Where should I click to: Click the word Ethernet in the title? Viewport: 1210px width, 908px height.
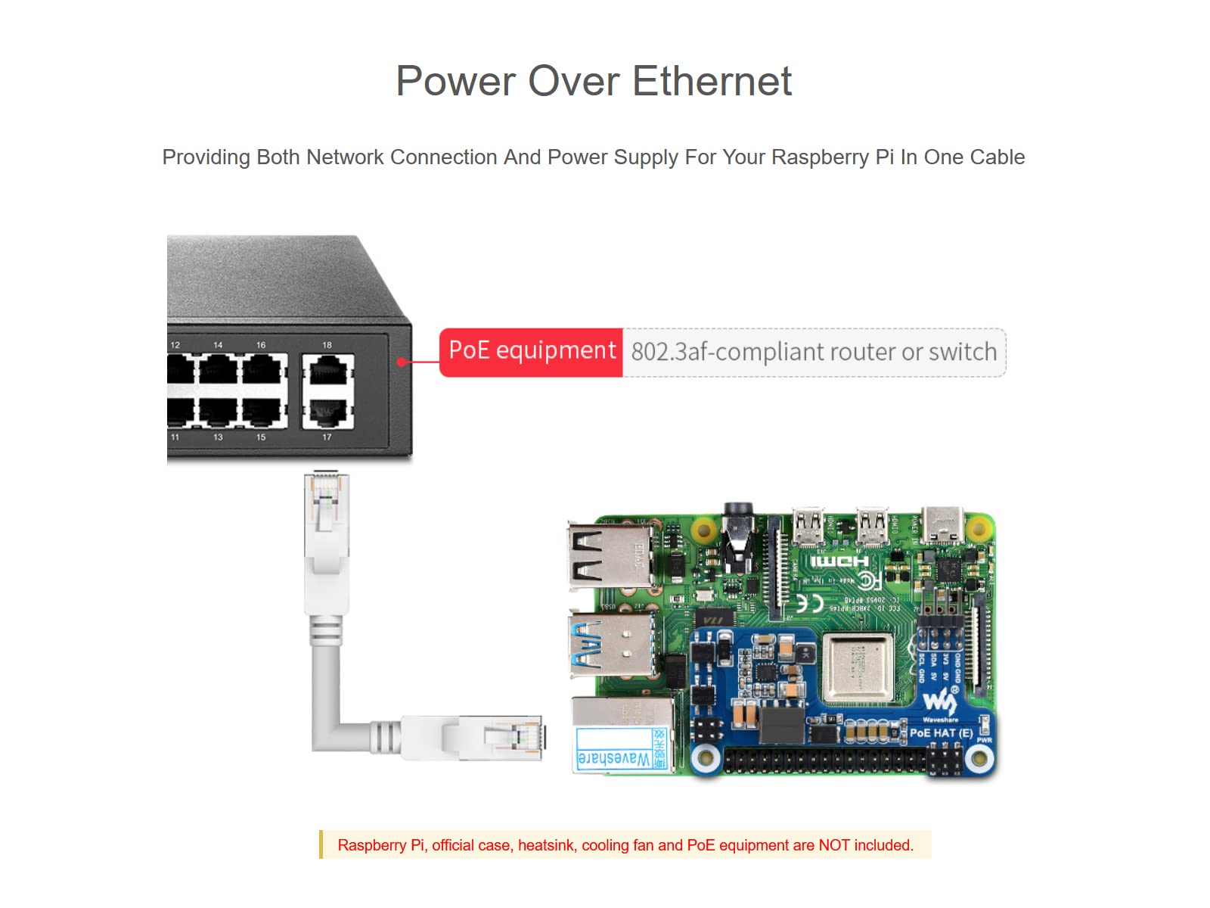tap(712, 81)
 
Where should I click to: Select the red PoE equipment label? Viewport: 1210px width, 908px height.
tap(531, 351)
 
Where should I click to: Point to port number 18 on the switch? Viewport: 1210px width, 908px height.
tap(327, 345)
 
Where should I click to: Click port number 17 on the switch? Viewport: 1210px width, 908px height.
tap(327, 437)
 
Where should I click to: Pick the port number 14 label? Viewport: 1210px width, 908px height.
tap(218, 345)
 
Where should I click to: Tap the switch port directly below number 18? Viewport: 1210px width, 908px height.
tap(328, 373)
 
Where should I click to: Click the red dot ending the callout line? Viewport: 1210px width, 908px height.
tap(402, 362)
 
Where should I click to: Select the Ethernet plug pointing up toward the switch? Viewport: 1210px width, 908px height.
tap(326, 507)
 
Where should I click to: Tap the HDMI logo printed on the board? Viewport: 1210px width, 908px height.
tap(839, 561)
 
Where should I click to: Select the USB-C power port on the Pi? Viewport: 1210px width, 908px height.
tap(942, 525)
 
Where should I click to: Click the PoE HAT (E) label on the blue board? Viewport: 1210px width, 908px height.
tap(941, 732)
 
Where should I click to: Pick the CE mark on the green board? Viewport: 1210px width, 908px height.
tap(810, 603)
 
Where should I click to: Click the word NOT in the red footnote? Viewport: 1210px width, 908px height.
tap(833, 845)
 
